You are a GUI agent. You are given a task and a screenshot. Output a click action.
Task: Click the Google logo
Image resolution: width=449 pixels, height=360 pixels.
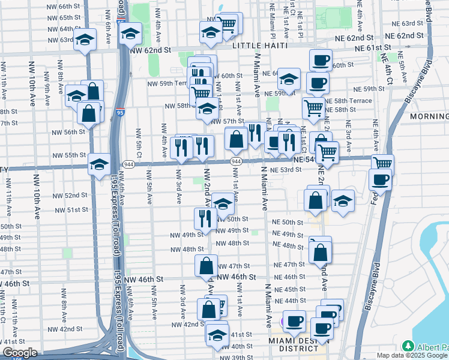(x=20, y=353)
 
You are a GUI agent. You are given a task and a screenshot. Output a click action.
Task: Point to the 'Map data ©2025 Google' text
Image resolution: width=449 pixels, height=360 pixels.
(x=412, y=355)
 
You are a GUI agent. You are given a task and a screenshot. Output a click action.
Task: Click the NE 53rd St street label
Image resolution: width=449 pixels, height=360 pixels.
(x=286, y=170)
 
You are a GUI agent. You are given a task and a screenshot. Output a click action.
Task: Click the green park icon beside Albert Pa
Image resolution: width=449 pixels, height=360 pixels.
(x=409, y=347)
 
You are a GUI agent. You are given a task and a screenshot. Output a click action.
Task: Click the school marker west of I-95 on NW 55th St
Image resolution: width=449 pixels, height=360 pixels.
(x=98, y=164)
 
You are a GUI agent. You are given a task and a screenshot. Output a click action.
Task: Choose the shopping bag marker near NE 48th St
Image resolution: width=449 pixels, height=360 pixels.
(x=321, y=252)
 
